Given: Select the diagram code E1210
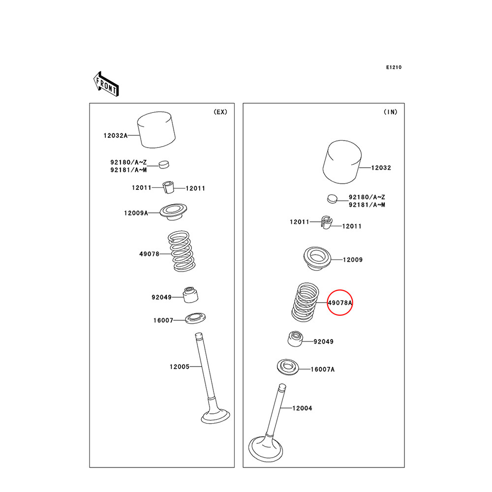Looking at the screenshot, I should coord(394,67).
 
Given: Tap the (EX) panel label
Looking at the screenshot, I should coord(220,112).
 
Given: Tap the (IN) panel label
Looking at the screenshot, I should coord(390,112).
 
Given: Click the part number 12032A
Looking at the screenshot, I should coord(115,135).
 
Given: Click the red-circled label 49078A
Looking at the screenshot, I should coord(340,303).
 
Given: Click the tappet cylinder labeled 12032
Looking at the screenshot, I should coord(343,161).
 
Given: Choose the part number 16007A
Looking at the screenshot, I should coord(322,369).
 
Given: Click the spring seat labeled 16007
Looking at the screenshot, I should coord(196,318).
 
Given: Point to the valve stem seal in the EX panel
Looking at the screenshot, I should coord(189,295).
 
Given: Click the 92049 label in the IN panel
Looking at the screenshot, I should coord(323,341).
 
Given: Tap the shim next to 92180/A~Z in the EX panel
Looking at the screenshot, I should coord(164,164).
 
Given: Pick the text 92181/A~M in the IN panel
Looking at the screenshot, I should coord(367,205).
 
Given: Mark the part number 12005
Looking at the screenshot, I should coord(180,367).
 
